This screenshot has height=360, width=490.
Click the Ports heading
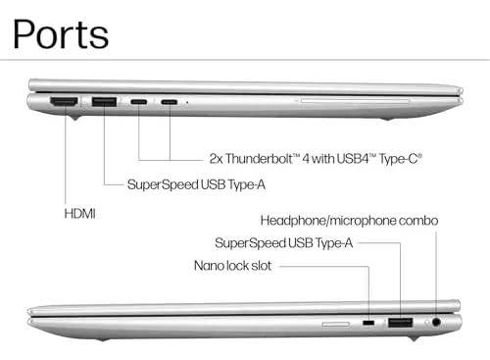pos(61,34)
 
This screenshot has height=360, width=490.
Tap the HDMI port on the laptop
pos(64,102)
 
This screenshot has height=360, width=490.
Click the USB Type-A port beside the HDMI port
pos(104,102)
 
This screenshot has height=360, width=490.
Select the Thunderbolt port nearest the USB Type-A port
pos(139,102)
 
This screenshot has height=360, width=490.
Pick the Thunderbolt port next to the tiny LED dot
pos(170,102)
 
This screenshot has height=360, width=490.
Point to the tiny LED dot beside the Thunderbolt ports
pos(187,102)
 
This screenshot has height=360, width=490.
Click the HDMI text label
pos(80,214)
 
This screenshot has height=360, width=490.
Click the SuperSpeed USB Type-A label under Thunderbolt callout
pos(196,184)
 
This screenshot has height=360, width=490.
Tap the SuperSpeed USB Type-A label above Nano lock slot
pos(284,243)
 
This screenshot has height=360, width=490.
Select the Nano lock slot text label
pos(232,266)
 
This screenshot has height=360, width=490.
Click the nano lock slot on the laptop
pos(368,323)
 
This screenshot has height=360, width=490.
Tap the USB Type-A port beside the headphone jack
pos(401,323)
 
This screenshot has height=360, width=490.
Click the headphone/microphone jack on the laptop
pos(436,323)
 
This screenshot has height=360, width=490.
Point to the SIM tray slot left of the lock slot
pos(336,324)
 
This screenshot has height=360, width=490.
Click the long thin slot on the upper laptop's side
pos(355,101)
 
